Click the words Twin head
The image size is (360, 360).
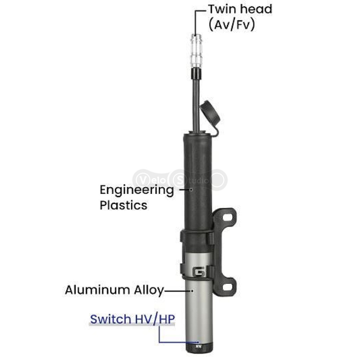[x=240, y=9]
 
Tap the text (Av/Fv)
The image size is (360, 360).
[x=232, y=24]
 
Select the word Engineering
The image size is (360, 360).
[x=137, y=190]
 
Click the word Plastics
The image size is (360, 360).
[x=123, y=205]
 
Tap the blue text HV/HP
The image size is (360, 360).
[x=154, y=319]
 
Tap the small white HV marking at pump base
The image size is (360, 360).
[x=197, y=346]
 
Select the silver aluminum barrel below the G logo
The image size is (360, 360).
[x=199, y=310]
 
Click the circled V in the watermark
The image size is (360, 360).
[x=143, y=180]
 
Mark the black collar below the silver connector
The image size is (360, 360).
[x=196, y=73]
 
